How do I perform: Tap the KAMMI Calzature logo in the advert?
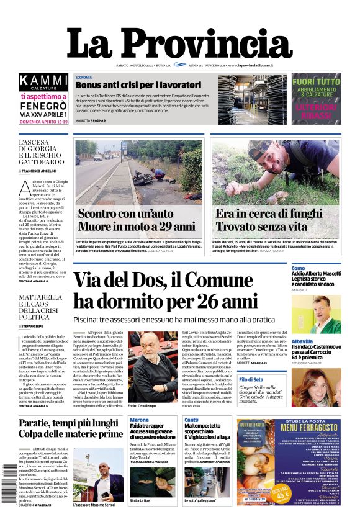pyautogui.click(x=43, y=81)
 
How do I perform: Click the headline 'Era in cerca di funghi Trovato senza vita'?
pyautogui.click(x=269, y=220)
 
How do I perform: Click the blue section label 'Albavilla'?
pyautogui.click(x=302, y=341)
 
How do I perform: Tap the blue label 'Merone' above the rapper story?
pyautogui.click(x=139, y=420)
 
